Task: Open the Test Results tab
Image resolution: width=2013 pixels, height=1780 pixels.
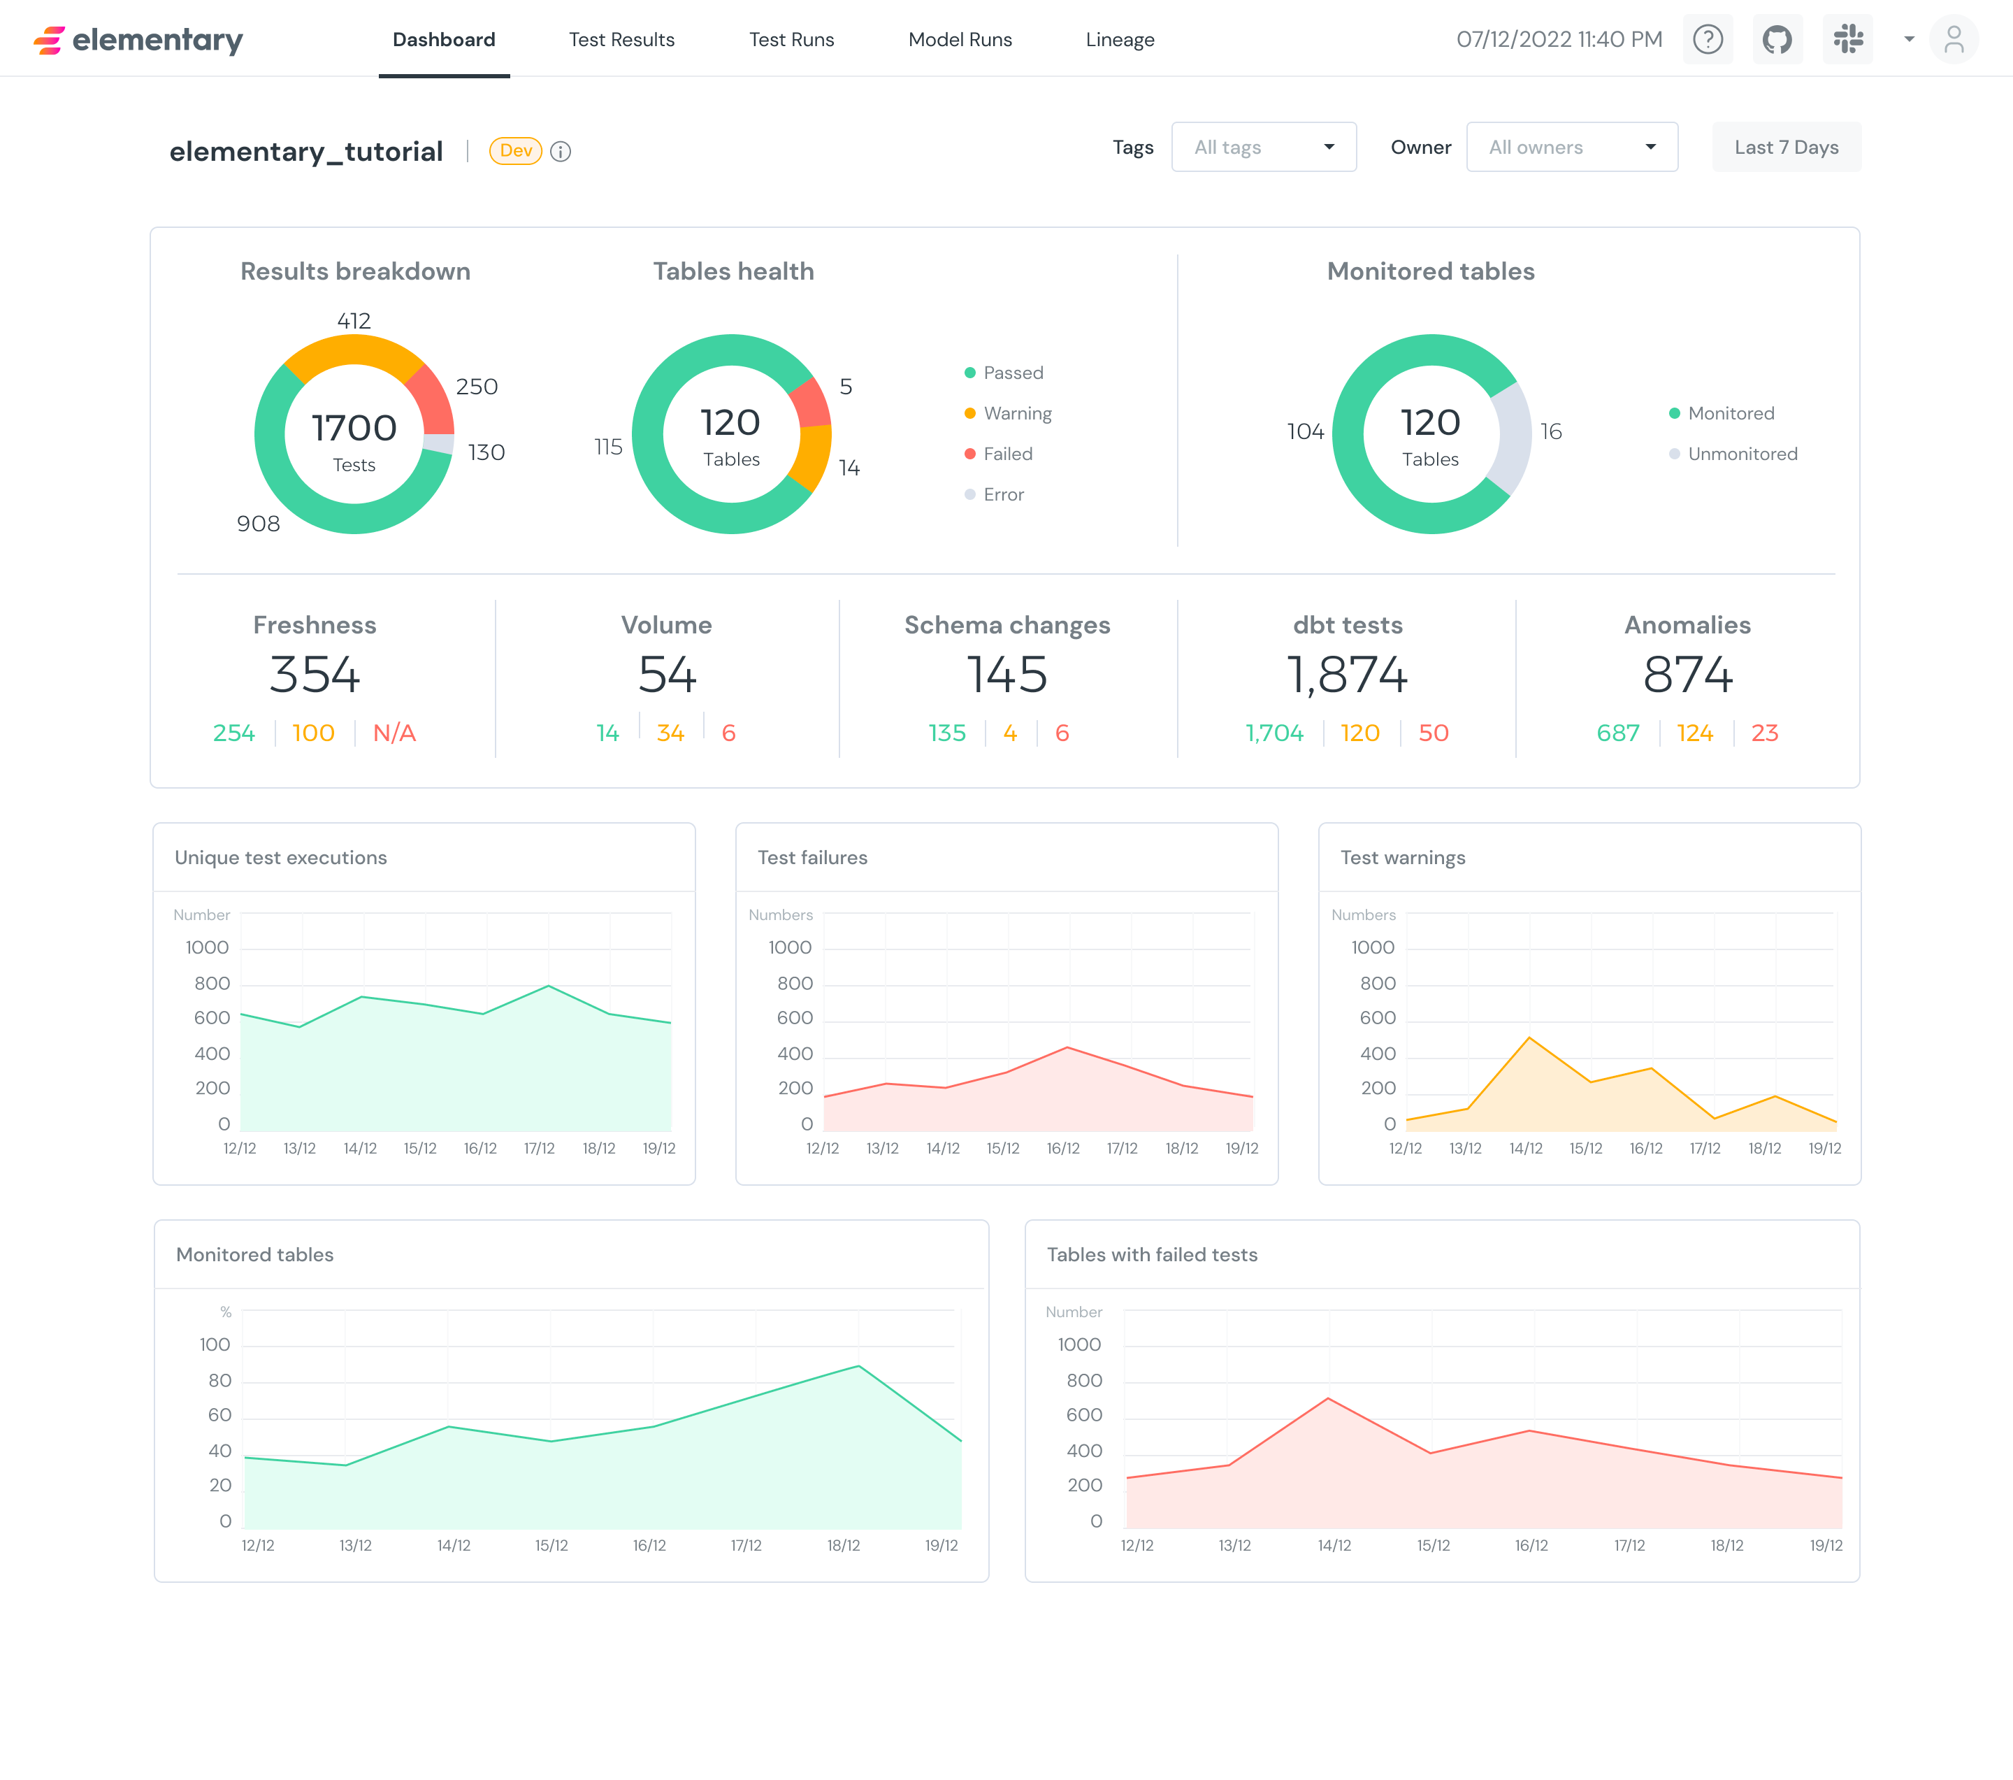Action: [621, 39]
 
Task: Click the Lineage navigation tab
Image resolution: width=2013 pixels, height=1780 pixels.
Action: [1120, 39]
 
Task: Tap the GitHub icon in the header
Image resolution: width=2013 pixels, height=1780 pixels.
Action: [1777, 39]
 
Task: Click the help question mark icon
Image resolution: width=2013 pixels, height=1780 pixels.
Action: [1708, 39]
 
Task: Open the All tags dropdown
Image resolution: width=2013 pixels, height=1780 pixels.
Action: [1264, 147]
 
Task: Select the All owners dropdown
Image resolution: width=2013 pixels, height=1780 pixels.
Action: [1572, 147]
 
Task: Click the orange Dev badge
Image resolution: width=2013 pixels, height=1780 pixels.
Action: [515, 151]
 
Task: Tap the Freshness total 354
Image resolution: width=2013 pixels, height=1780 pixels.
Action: [315, 675]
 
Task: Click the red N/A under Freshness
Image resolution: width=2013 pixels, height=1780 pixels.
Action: [394, 733]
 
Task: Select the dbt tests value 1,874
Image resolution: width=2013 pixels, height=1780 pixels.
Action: [1348, 675]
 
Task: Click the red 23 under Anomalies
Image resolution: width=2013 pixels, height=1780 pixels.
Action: [1764, 733]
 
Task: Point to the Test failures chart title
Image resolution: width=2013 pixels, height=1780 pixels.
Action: [812, 858]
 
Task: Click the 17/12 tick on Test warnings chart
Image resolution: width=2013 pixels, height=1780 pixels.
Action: [1705, 1149]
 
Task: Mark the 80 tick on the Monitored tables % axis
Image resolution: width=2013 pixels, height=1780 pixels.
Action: [219, 1380]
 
